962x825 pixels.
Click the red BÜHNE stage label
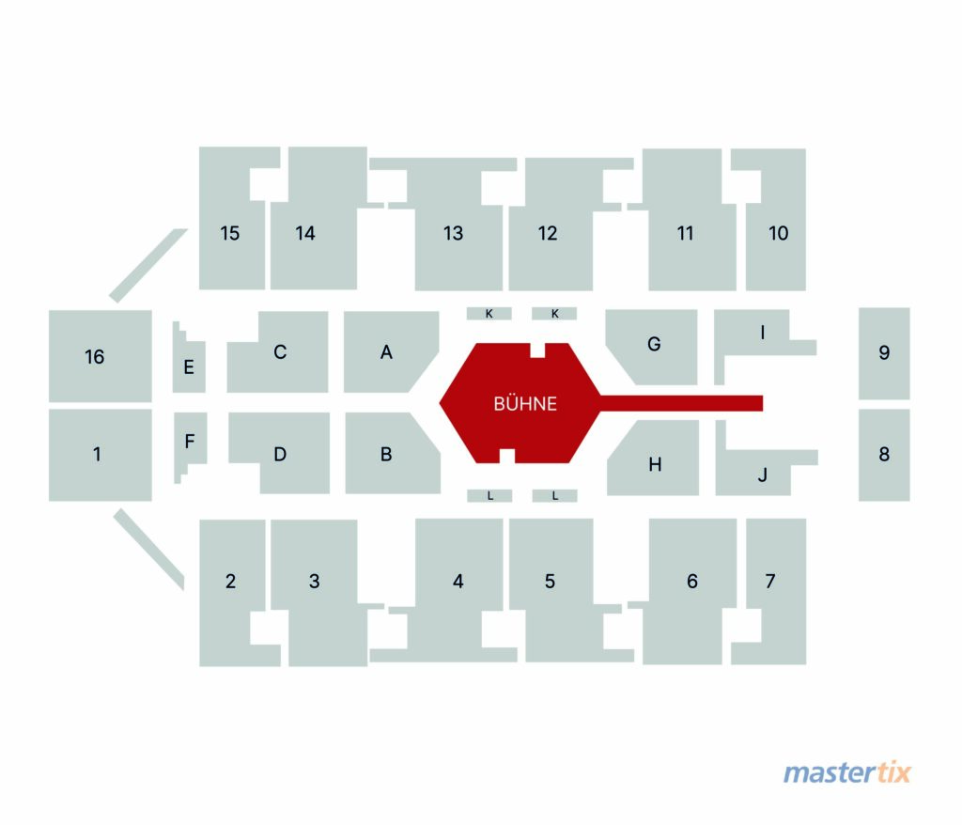click(525, 403)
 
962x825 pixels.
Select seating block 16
click(100, 356)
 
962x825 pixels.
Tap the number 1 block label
click(97, 454)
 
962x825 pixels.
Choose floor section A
click(386, 352)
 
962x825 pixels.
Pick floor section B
click(386, 454)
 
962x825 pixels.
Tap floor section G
click(655, 345)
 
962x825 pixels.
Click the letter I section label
click(763, 332)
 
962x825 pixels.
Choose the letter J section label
click(763, 475)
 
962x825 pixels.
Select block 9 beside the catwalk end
click(884, 353)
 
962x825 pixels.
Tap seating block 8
click(884, 455)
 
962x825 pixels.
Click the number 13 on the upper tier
click(454, 233)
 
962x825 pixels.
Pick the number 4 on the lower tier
click(458, 582)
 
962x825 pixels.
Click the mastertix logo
click(846, 771)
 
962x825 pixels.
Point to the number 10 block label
click(778, 233)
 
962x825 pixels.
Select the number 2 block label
click(231, 582)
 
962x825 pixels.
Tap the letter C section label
click(280, 352)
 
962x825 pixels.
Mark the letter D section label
click(280, 454)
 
